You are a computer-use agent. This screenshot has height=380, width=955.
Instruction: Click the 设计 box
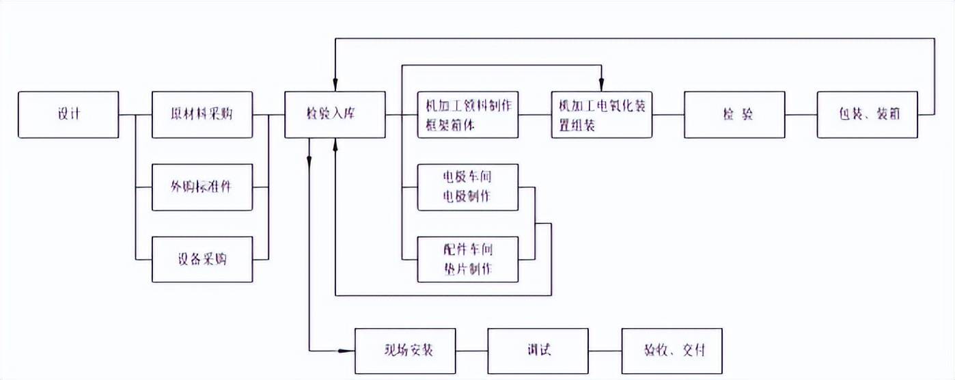pyautogui.click(x=68, y=115)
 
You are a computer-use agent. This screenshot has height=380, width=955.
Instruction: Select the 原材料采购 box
pyautogui.click(x=202, y=115)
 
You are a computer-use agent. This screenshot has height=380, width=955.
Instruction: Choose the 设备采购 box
pyautogui.click(x=202, y=260)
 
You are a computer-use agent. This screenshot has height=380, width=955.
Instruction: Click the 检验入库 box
pyautogui.click(x=335, y=115)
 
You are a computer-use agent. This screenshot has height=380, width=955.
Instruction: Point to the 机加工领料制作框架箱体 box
pyautogui.click(x=468, y=115)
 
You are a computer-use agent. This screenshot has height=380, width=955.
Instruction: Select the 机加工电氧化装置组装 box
pyautogui.click(x=601, y=115)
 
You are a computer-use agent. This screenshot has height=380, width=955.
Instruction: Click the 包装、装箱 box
pyautogui.click(x=868, y=115)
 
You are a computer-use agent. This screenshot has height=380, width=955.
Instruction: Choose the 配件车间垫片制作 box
pyautogui.click(x=468, y=260)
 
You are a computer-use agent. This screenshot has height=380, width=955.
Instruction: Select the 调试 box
pyautogui.click(x=538, y=351)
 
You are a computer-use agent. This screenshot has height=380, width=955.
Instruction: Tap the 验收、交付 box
pyautogui.click(x=672, y=351)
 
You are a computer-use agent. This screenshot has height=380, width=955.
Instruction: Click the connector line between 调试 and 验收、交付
pyautogui.click(x=605, y=351)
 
